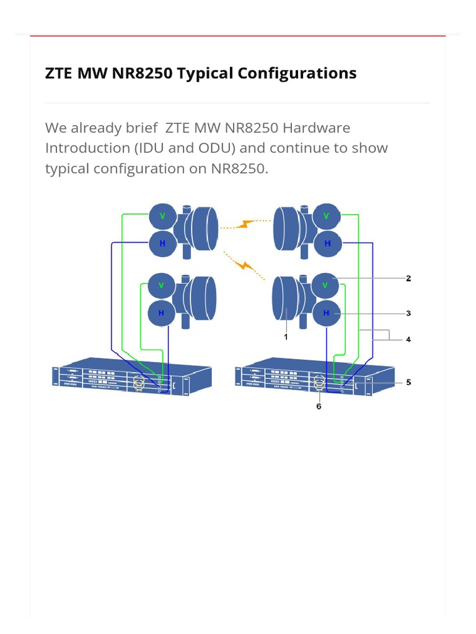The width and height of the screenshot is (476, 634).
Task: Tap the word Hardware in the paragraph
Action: (316, 128)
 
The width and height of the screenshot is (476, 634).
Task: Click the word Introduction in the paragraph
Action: (86, 148)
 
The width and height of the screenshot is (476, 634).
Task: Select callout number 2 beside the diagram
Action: (408, 279)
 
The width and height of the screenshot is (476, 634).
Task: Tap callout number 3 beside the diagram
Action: (408, 313)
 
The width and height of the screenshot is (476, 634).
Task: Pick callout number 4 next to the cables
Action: (408, 339)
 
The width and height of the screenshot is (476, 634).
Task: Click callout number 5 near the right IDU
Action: (408, 382)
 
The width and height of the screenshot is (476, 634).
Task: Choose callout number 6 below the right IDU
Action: (319, 406)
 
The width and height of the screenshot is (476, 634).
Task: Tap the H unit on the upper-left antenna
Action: (162, 244)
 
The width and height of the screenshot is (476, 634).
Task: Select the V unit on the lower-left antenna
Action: (161, 285)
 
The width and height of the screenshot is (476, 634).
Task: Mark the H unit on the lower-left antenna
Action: (161, 313)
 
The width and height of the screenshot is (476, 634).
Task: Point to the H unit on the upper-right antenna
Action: (327, 244)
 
